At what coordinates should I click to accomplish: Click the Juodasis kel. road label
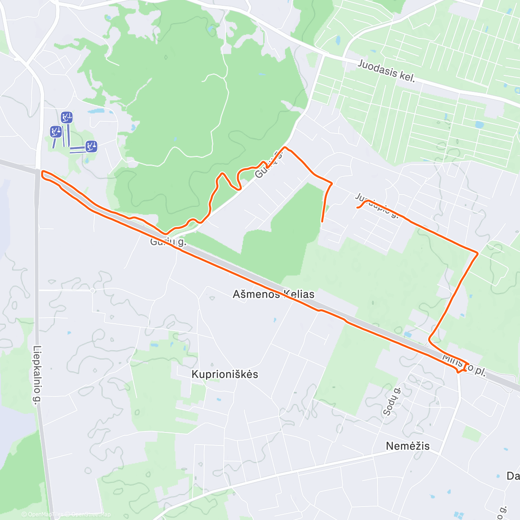click(x=387, y=71)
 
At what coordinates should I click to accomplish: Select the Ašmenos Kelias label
click(x=273, y=294)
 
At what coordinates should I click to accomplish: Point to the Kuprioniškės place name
click(x=224, y=374)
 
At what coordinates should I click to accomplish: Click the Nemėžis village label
click(x=407, y=446)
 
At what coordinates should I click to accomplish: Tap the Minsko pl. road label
click(x=464, y=365)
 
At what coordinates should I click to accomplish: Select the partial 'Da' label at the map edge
click(x=513, y=476)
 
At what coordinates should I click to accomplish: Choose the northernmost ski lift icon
click(x=66, y=117)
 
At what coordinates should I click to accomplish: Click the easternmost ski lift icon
click(x=91, y=146)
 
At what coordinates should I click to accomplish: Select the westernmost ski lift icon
click(x=55, y=131)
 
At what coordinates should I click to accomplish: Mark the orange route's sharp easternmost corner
click(x=478, y=253)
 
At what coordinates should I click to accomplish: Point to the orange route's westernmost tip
click(x=42, y=173)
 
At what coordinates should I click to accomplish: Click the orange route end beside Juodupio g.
click(x=357, y=208)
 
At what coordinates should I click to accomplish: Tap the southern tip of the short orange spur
click(x=322, y=221)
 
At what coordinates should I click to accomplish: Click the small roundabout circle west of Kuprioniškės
click(x=93, y=290)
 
